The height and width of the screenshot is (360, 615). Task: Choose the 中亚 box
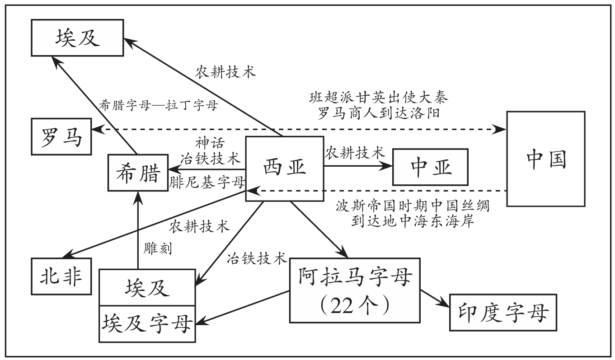(431, 167)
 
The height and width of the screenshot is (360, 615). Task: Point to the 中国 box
(546, 159)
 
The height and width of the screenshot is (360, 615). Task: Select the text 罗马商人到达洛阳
(379, 113)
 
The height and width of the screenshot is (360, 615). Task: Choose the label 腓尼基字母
(207, 182)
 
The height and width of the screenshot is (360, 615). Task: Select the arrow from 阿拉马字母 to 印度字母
(434, 299)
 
